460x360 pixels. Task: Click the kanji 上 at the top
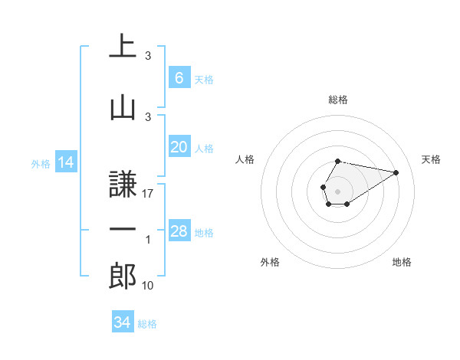(x=123, y=47)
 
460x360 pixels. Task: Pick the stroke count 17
(x=148, y=195)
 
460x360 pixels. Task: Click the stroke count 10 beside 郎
(x=148, y=286)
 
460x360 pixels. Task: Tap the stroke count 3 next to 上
(x=148, y=56)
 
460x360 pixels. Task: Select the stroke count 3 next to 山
(x=148, y=116)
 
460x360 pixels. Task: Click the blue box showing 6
(x=179, y=77)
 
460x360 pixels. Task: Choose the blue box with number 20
(x=179, y=147)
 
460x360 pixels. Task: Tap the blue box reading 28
(x=179, y=231)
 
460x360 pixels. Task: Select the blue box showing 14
(x=65, y=162)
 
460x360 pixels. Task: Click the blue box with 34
(x=122, y=322)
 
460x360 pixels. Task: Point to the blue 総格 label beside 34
(x=147, y=324)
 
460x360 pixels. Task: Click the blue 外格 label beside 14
(x=41, y=164)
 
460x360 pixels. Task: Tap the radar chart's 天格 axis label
(x=431, y=159)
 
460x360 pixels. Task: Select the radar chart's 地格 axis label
(x=402, y=263)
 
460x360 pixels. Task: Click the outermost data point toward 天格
(x=396, y=172)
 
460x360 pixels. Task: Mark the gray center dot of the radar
(x=337, y=190)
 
